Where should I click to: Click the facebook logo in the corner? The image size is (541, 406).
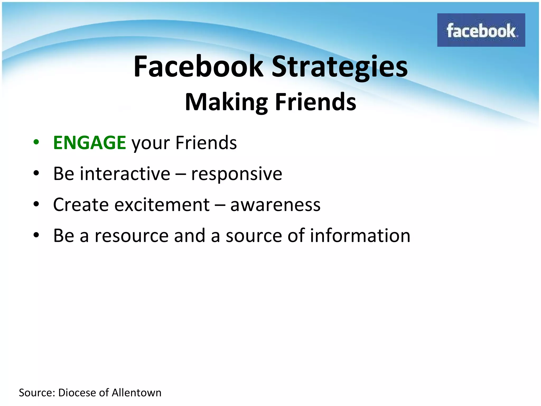(481, 30)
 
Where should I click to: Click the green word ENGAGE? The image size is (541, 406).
(89, 143)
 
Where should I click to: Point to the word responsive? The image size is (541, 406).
(236, 174)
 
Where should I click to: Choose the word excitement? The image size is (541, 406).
(162, 205)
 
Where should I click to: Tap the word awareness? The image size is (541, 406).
(275, 205)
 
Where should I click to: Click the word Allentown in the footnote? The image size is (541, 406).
(136, 393)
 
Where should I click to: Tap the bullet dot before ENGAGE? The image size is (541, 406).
(36, 142)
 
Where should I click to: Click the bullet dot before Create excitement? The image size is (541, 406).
(36, 204)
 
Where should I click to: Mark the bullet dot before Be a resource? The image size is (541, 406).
(36, 235)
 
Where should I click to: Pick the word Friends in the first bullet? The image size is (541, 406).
(206, 143)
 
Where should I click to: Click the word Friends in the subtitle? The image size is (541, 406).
(315, 102)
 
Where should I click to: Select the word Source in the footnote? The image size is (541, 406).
(36, 393)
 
